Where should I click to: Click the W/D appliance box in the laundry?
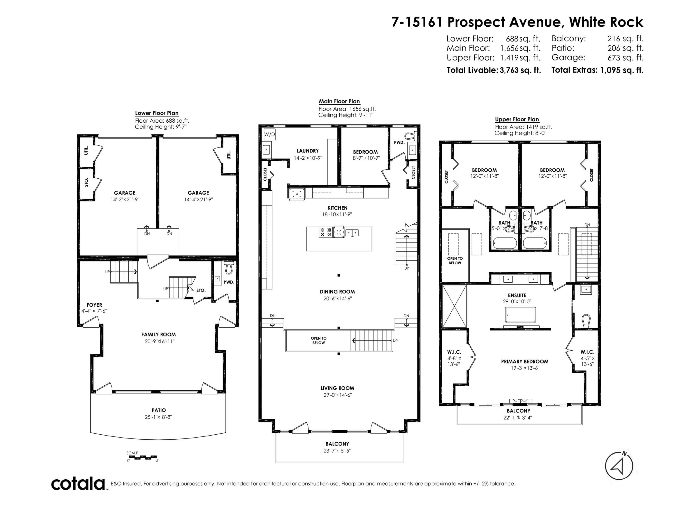pyautogui.click(x=269, y=134)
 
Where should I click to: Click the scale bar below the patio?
pyautogui.click(x=142, y=457)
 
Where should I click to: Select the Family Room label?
pyautogui.click(x=159, y=335)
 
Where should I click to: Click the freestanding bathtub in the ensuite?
pyautogui.click(x=520, y=315)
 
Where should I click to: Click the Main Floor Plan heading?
pyautogui.click(x=339, y=101)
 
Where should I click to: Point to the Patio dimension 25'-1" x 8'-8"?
pyautogui.click(x=159, y=417)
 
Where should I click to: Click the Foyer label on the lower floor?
pyautogui.click(x=94, y=305)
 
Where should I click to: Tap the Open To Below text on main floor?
pyautogui.click(x=319, y=340)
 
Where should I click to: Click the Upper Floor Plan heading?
pyautogui.click(x=517, y=119)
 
